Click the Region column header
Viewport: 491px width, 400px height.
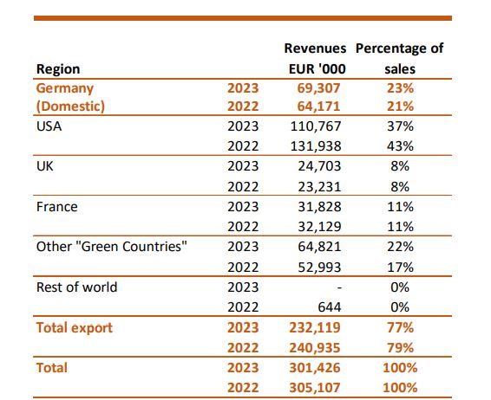pyautogui.click(x=58, y=69)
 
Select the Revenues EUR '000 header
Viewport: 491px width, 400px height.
pyautogui.click(x=316, y=58)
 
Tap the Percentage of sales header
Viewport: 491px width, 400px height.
pyautogui.click(x=400, y=58)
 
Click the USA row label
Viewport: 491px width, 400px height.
pyautogui.click(x=49, y=126)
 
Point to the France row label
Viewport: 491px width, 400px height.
pyautogui.click(x=57, y=207)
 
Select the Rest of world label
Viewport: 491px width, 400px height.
pyautogui.click(x=76, y=287)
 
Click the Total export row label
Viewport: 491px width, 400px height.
pyautogui.click(x=75, y=327)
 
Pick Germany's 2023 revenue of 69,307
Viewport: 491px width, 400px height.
pyautogui.click(x=318, y=88)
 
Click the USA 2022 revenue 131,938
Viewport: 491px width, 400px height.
pyautogui.click(x=316, y=146)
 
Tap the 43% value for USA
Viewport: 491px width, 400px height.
pyautogui.click(x=400, y=146)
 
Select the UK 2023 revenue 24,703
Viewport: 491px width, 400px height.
pyautogui.click(x=319, y=166)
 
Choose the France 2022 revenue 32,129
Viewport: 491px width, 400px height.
pyautogui.click(x=319, y=227)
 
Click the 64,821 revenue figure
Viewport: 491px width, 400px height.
pyautogui.click(x=319, y=247)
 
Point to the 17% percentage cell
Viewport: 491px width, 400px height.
pyautogui.click(x=400, y=268)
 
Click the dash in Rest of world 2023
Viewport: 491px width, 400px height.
pyautogui.click(x=339, y=287)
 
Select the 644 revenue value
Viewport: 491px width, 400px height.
pyautogui.click(x=330, y=307)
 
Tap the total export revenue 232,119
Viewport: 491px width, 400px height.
pyautogui.click(x=315, y=327)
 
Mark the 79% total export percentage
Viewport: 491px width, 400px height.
pyautogui.click(x=400, y=347)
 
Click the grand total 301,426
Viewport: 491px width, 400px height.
pyautogui.click(x=315, y=367)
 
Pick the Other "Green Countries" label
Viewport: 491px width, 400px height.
pyautogui.click(x=112, y=247)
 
